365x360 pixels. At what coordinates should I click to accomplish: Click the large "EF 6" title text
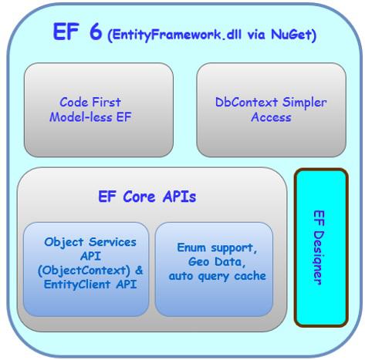coord(76,32)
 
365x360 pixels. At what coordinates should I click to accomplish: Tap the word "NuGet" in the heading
coord(292,35)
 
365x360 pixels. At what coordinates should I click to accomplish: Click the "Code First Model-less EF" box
coord(98,109)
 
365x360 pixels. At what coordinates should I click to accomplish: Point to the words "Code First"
coord(90,102)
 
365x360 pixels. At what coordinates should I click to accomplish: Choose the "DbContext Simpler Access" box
coord(270,109)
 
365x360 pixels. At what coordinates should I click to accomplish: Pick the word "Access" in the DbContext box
coord(271,117)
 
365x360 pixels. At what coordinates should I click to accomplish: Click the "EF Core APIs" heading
coord(147,197)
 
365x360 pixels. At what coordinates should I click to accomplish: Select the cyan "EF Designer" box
coord(320,247)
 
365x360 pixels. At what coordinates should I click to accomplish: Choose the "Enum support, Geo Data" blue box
coord(214,267)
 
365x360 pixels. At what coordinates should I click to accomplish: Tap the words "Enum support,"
coord(215,247)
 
